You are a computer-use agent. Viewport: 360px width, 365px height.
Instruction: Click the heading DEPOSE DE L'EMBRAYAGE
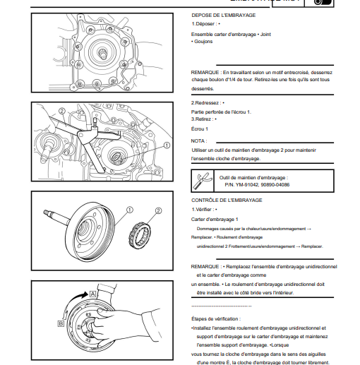pyautogui.click(x=224, y=16)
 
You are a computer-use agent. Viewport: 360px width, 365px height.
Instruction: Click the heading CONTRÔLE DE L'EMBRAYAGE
pyautogui.click(x=227, y=201)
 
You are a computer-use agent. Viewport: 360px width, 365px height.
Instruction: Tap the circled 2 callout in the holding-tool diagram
pyautogui.click(x=61, y=111)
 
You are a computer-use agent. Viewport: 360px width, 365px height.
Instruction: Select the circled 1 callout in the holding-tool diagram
pyautogui.click(x=167, y=145)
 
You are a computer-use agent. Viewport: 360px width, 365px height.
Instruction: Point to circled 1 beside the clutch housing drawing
pyautogui.click(x=130, y=210)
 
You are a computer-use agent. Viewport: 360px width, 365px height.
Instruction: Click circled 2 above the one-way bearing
pyautogui.click(x=158, y=210)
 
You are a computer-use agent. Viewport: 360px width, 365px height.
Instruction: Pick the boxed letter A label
pyautogui.click(x=92, y=294)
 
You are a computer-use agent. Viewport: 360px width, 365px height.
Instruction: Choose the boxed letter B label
pyautogui.click(x=61, y=323)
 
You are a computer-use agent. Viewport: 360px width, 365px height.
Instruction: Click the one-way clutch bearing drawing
pyautogui.click(x=140, y=236)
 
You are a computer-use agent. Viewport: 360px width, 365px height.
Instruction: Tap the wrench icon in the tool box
pyautogui.click(x=202, y=181)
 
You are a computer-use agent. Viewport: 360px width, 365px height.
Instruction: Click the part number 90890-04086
pyautogui.click(x=275, y=185)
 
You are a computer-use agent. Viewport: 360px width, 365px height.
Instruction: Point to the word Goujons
pyautogui.click(x=203, y=42)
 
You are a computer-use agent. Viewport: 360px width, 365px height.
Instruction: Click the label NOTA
pyautogui.click(x=199, y=141)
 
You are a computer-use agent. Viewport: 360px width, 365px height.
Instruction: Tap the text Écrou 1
pyautogui.click(x=200, y=129)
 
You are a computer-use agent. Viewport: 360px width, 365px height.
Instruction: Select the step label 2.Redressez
pyautogui.click(x=205, y=103)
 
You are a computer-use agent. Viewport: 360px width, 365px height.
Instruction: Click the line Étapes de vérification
pyautogui.click(x=216, y=319)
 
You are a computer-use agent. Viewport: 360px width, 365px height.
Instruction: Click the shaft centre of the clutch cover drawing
pyautogui.click(x=103, y=53)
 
